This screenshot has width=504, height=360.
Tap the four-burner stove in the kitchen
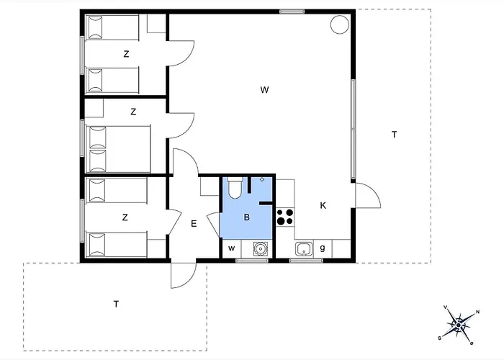pos(285,217)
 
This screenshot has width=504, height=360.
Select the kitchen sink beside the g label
pos(304,249)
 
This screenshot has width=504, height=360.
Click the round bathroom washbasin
pos(259,248)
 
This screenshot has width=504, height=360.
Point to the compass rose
pos(459,325)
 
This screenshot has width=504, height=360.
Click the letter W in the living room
pos(264,90)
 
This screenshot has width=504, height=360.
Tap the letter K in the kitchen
pos(323,206)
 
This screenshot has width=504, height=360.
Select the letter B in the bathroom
pos(246,217)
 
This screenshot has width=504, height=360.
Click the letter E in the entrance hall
pos(194,224)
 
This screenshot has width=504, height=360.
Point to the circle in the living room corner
pos(340,24)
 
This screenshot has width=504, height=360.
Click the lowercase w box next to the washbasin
pos(231,248)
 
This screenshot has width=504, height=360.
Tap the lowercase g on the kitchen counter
pos(323,248)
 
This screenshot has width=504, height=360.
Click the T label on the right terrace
pos(395,135)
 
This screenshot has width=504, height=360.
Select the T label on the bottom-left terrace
pos(117,304)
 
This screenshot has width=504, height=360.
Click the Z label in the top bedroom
pos(126,54)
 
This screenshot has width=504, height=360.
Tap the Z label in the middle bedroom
pos(133,112)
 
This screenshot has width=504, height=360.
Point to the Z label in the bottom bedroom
pos(125,217)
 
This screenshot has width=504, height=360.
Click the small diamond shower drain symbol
pos(262,179)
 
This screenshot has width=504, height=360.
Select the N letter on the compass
pos(478,312)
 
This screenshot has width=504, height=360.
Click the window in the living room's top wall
pos(292,12)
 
